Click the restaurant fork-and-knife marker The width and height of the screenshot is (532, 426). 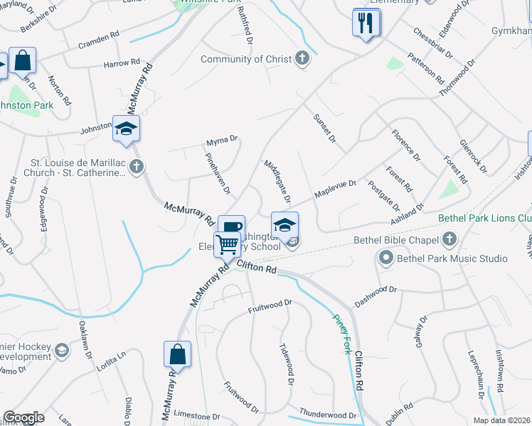tap(366, 23)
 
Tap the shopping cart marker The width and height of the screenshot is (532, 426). tap(228, 244)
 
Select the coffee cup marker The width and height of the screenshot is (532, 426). tap(231, 227)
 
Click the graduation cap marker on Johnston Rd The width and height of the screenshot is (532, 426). tap(126, 129)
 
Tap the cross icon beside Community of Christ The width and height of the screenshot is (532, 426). tap(302, 59)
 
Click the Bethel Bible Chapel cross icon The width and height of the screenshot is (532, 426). tap(448, 239)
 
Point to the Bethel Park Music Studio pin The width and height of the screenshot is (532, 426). tap(385, 259)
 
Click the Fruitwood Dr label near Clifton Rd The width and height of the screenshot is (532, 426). tap(270, 303)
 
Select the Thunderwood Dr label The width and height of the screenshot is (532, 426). tap(327, 414)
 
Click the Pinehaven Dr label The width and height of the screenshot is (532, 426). tap(218, 173)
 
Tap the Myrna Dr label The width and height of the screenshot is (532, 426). tap(220, 141)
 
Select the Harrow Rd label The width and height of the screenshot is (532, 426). tap(122, 63)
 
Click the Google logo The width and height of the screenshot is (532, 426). tap(23, 417)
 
